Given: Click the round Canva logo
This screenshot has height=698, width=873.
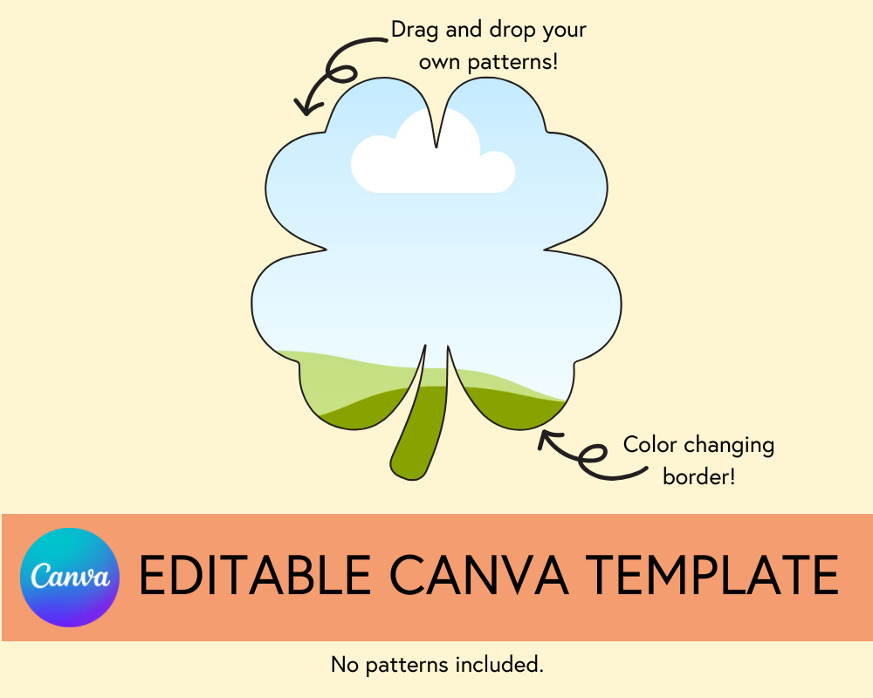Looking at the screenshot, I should (69, 578).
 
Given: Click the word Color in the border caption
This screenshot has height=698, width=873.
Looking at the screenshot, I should (650, 445).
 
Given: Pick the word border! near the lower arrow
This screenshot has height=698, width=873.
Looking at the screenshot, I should (698, 477).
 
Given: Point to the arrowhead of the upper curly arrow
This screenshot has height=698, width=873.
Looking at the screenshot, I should (302, 106).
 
